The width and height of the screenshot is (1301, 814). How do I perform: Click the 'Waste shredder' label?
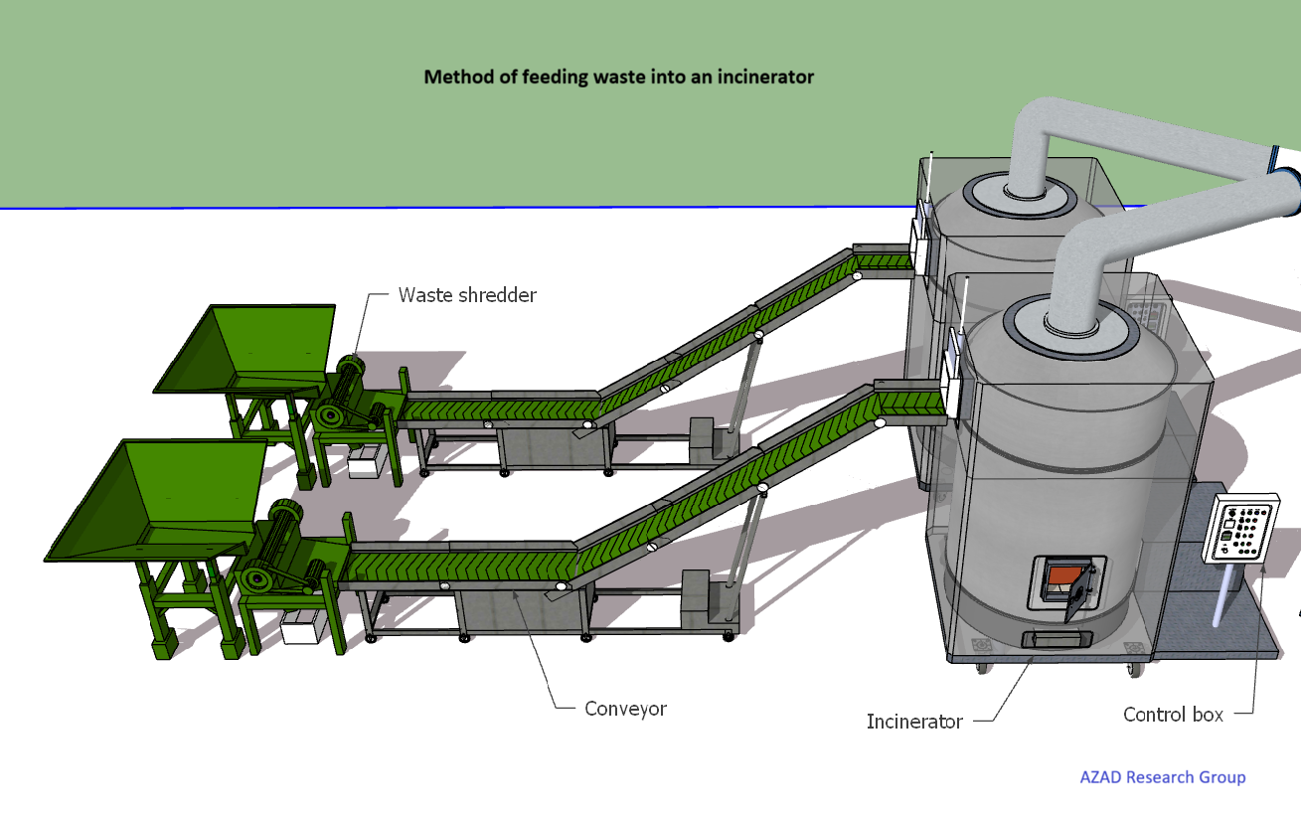point(467,295)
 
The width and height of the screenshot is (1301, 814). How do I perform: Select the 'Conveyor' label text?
point(625,709)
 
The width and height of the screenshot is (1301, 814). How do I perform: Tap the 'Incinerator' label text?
point(914,722)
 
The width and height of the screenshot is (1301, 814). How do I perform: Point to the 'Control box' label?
point(1173,714)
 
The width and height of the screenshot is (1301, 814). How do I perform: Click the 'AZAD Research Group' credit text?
point(1162,777)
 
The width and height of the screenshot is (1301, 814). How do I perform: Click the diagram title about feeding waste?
point(618,77)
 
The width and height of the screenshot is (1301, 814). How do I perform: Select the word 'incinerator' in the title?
point(766,77)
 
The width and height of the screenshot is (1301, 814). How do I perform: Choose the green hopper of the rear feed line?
point(248,350)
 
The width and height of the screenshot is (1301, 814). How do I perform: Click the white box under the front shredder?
point(298,627)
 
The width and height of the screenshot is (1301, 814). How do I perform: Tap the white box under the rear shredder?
point(365,461)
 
